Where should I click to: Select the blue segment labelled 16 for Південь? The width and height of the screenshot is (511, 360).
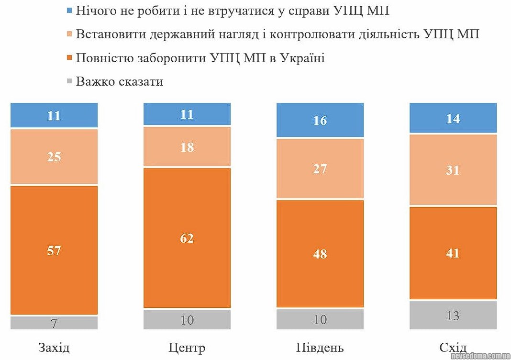point(320,120)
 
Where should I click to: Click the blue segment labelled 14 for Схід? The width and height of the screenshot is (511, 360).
point(453,118)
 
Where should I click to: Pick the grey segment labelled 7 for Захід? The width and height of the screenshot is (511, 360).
point(54,323)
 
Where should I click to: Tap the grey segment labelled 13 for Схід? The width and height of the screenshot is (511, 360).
point(453,315)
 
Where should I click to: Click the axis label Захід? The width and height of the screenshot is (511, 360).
point(54,347)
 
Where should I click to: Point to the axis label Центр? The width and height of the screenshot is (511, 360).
point(187,347)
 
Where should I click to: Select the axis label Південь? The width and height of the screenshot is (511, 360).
point(320,347)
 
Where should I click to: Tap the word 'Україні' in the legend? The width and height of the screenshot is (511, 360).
point(303,58)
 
